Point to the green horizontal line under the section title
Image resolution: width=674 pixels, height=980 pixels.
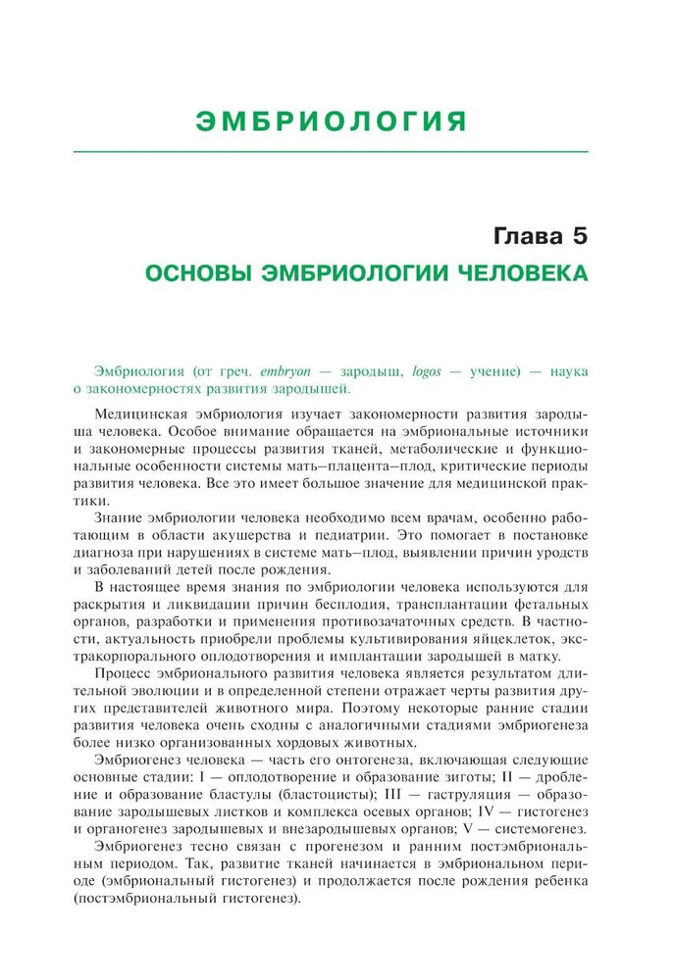click(x=337, y=151)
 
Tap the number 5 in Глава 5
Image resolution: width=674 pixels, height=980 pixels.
click(x=577, y=236)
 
